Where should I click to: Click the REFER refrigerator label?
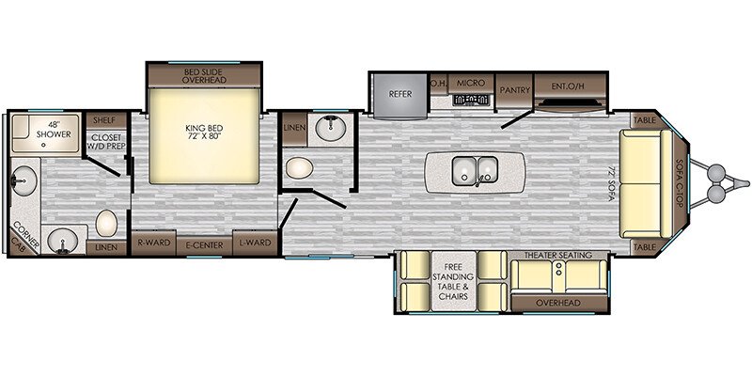point(400,94)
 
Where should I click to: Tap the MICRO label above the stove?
point(470,84)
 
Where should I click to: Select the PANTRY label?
point(514,90)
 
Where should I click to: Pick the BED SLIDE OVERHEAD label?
point(203,75)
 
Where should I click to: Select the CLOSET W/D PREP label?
point(106,141)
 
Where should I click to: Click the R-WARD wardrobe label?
point(152,242)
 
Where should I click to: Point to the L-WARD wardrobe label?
point(254,242)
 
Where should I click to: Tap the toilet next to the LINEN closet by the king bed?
point(299,169)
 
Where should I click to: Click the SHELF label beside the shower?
point(103,120)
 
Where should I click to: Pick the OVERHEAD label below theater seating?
point(558,303)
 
